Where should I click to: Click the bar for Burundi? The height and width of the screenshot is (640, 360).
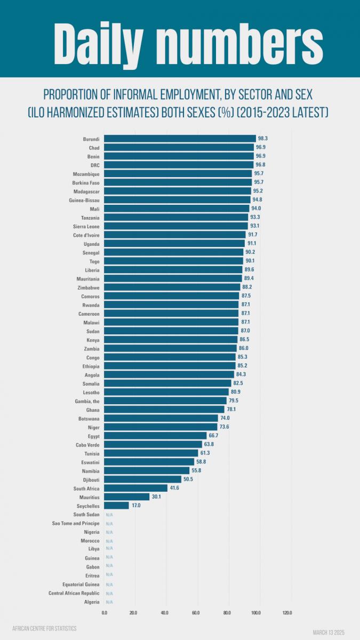point(180,139)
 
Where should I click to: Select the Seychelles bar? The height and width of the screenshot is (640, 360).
point(116,506)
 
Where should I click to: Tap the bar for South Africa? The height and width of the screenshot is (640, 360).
point(135,488)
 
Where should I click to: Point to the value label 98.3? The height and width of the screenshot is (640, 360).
point(262,139)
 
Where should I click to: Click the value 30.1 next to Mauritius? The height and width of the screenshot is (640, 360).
point(156,497)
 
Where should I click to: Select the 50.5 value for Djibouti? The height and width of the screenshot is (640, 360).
point(188,479)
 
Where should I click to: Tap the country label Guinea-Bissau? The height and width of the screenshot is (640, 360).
point(85,200)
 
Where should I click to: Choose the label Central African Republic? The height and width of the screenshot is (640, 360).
point(74,593)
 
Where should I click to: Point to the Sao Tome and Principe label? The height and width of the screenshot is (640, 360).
point(76,523)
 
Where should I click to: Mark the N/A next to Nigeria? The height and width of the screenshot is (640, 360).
point(109,532)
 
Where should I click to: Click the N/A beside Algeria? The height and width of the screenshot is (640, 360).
point(109,602)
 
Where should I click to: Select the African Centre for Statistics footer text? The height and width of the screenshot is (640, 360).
point(44,628)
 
